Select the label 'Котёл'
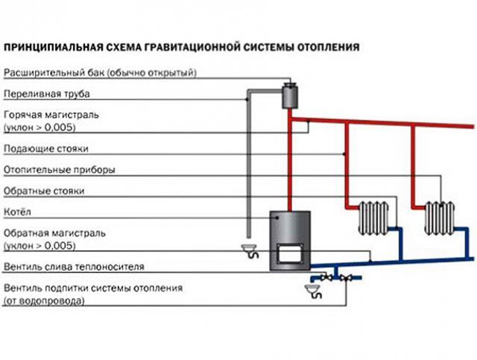[x=16, y=211]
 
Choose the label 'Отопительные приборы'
[x=59, y=170]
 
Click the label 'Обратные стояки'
[x=44, y=191]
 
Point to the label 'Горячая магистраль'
[x=51, y=116]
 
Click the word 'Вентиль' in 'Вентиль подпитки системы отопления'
[x=22, y=288]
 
